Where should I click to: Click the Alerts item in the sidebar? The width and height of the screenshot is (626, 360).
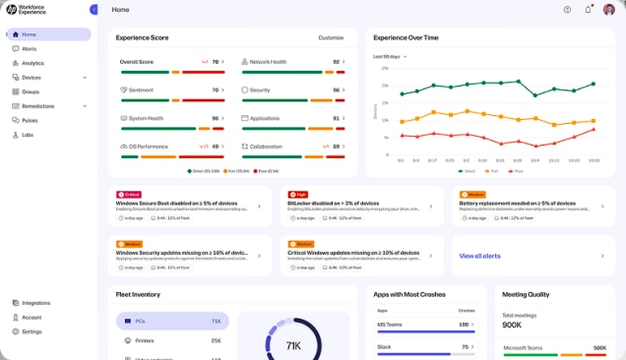29,48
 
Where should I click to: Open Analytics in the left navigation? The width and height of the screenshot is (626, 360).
32,63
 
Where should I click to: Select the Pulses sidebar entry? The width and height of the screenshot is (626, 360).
31,120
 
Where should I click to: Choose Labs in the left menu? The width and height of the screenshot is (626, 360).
28,135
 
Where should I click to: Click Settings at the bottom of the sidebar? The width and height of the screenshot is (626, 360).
31,331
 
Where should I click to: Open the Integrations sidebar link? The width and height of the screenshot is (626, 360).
35,303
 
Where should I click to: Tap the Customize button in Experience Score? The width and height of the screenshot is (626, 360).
331,37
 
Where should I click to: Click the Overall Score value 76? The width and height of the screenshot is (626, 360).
216,62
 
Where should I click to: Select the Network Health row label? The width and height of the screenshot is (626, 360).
268,62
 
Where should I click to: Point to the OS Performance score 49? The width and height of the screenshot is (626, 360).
216,146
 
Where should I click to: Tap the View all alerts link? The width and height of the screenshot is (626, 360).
479,256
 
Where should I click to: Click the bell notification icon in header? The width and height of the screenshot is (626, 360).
589,9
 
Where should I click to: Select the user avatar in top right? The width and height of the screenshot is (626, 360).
609,9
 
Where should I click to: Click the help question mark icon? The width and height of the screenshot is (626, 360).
567,9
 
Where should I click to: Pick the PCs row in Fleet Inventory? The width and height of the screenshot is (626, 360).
171,321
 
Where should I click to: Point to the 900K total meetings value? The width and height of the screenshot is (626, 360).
513,325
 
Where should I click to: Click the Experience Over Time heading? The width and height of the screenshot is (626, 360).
406,37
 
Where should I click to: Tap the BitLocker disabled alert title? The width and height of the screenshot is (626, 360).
341,203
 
